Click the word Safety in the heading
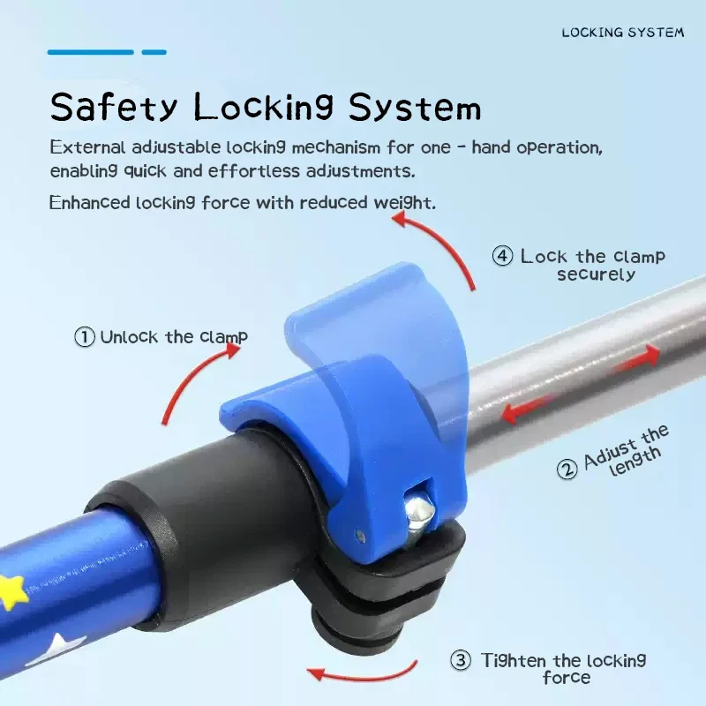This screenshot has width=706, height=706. point(114,107)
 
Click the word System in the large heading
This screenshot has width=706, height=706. point(415,107)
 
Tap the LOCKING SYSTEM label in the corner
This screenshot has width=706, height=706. point(623,33)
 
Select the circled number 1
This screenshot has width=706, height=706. point(84,337)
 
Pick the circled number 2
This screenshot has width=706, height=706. point(567,469)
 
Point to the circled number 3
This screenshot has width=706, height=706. point(461,660)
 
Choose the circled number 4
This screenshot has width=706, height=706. point(502,256)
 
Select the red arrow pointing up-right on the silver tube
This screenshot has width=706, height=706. point(638,359)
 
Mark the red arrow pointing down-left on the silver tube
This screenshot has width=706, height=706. point(527,409)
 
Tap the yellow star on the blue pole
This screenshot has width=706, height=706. point(12,590)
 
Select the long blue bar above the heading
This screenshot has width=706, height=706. point(91,52)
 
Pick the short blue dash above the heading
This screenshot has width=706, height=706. point(154,52)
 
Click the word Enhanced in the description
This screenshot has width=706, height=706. point(90,203)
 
